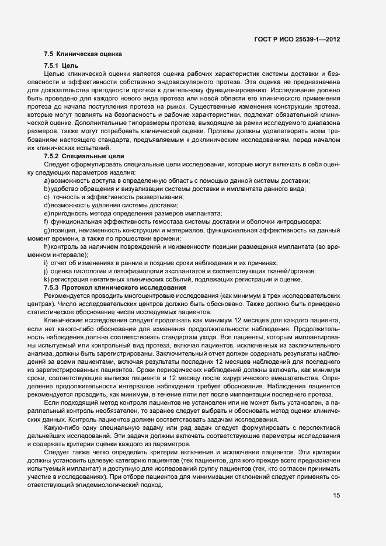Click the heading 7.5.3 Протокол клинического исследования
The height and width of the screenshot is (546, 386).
(114, 288)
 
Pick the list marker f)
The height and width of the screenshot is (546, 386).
(46, 222)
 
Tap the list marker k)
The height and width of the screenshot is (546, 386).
(46, 280)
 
